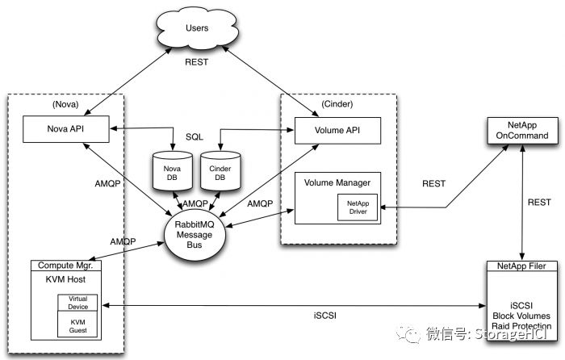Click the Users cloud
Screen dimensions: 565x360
coord(197,27)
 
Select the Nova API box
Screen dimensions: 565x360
coord(66,129)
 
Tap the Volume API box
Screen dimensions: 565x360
coord(337,131)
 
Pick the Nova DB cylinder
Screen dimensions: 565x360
coord(173,171)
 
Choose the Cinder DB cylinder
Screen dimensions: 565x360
coord(220,171)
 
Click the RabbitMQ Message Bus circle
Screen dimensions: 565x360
coord(195,235)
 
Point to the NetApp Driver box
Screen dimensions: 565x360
coord(358,207)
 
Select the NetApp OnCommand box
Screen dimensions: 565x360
coord(522,131)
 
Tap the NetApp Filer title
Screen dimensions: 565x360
coord(521,266)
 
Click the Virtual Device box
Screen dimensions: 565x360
coord(77,303)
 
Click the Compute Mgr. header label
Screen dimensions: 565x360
coord(65,266)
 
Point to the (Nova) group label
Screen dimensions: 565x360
coord(65,104)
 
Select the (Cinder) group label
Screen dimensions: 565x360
coord(337,104)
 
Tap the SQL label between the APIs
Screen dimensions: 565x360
coord(195,137)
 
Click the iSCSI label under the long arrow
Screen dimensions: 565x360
coord(325,316)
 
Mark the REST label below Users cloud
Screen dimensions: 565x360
coord(196,62)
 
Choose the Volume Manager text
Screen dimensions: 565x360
coord(337,182)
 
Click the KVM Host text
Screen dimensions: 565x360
coord(65,279)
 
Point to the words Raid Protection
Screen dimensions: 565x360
coord(521,326)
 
